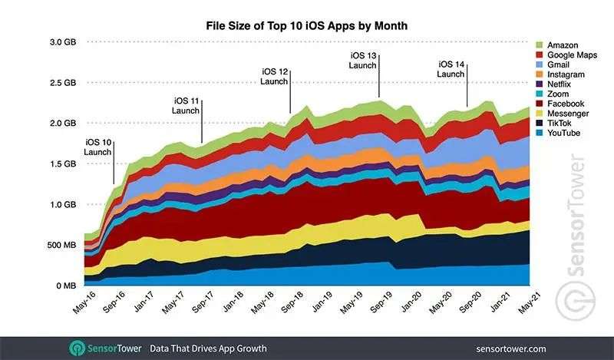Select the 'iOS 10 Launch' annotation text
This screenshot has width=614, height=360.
coord(97,147)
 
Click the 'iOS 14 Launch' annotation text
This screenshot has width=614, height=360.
coord(452,69)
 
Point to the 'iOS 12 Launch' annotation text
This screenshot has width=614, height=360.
coord(272,77)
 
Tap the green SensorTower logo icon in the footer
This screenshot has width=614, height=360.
coord(77,347)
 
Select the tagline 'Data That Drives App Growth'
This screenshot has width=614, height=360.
coord(208,348)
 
